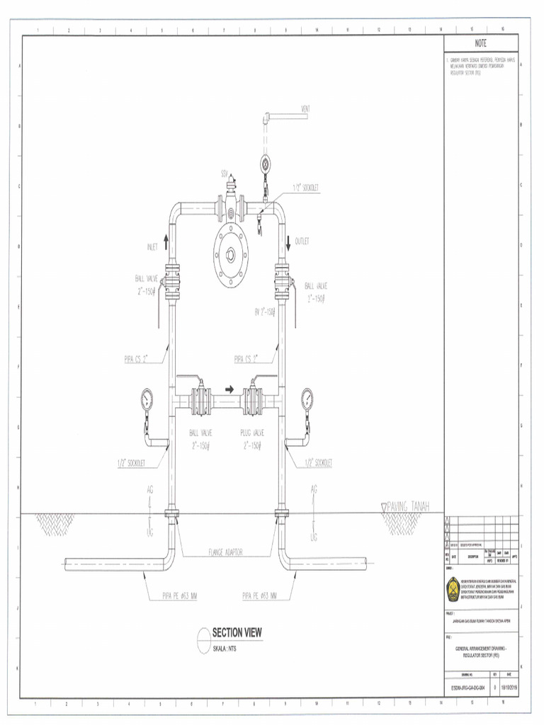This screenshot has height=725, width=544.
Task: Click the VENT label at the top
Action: (x=306, y=109)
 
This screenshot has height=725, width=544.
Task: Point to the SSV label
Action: (x=224, y=173)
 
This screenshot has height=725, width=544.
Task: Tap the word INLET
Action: (x=152, y=246)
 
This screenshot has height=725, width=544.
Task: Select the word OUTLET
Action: (x=302, y=241)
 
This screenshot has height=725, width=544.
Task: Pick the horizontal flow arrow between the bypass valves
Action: (x=229, y=389)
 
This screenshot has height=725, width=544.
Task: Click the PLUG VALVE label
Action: (x=254, y=432)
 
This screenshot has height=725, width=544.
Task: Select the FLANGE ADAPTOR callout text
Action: (x=226, y=552)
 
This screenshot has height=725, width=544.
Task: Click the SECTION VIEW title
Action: (x=237, y=632)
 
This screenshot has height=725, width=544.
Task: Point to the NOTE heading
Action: (x=480, y=42)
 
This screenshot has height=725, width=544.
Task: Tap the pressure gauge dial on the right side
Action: (x=308, y=399)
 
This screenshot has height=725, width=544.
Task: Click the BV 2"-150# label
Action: (x=264, y=311)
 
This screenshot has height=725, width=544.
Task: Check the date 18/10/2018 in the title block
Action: (x=508, y=687)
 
